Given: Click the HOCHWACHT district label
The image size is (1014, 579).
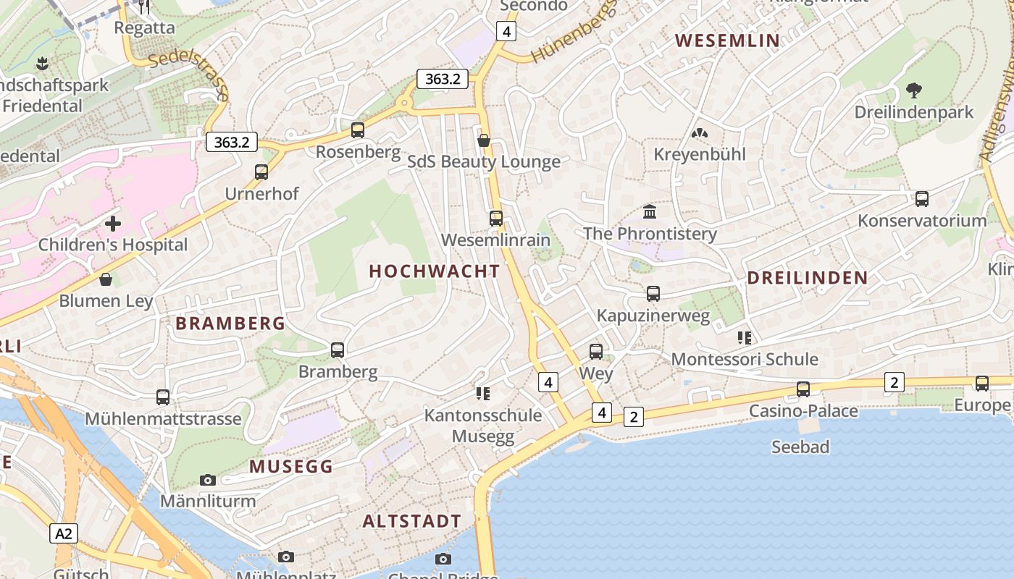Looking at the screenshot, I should click(435, 271).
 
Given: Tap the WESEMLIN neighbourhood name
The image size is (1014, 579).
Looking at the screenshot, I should click(728, 41).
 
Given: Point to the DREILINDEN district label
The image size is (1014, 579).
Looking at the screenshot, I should click(807, 278).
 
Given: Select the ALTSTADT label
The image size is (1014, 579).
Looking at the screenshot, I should click(411, 521).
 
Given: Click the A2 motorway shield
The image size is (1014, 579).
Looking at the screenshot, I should click(64, 534).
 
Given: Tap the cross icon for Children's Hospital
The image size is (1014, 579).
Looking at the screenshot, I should click(113, 224).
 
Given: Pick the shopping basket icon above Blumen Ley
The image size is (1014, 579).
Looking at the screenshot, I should click(106, 279).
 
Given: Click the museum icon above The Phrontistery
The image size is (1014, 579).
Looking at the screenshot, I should click(650, 212).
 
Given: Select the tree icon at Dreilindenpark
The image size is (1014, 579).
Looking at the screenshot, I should click(914, 90).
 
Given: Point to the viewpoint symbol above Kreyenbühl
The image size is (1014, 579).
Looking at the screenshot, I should click(699, 133).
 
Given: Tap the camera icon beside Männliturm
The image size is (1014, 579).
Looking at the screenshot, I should click(208, 480).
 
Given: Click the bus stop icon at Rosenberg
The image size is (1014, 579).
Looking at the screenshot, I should click(358, 130).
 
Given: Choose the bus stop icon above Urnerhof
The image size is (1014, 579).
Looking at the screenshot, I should click(261, 172).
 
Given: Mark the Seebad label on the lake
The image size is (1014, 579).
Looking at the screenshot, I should click(800, 447).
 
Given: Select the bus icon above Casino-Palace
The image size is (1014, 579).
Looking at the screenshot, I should click(803, 389).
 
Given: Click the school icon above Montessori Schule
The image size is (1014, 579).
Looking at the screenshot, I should click(744, 337).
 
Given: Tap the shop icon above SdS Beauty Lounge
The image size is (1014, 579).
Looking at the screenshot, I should click(484, 140).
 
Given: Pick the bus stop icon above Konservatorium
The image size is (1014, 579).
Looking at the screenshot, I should click(922, 199).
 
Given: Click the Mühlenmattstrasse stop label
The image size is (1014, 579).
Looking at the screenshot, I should click(163, 419).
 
